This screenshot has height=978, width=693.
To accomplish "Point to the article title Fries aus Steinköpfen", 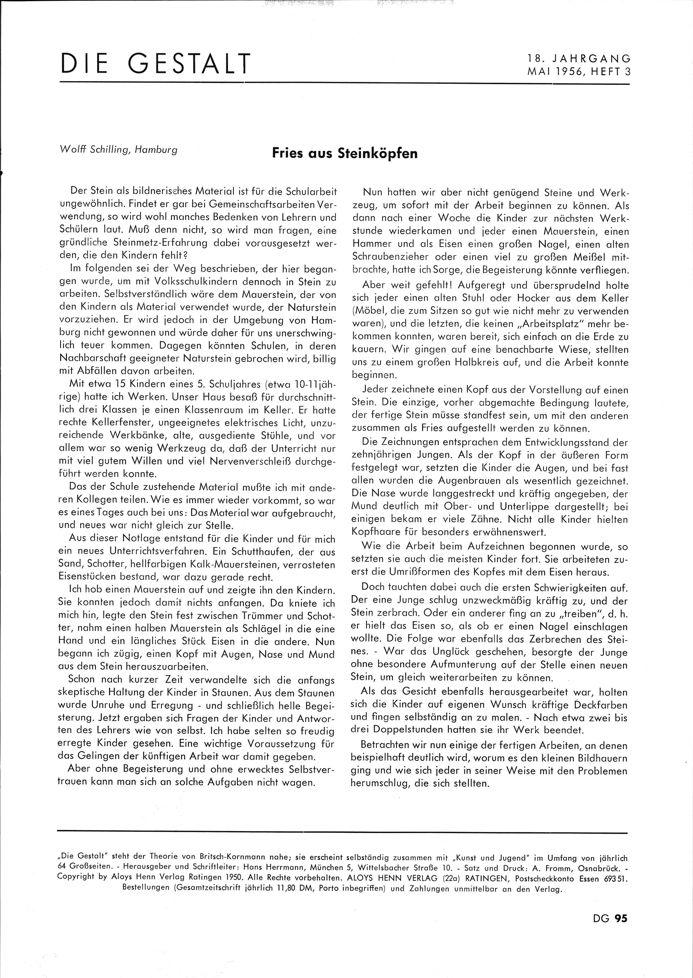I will pos(345,153).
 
